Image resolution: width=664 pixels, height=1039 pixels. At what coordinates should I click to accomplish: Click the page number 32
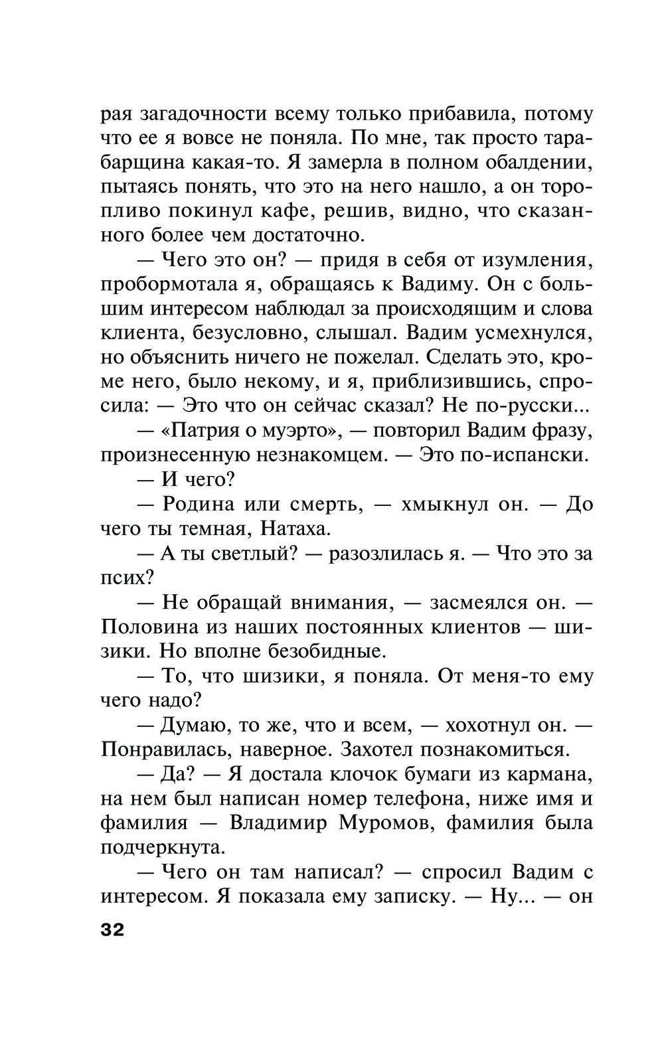click(x=112, y=929)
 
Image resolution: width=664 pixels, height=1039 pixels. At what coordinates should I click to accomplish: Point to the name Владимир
click(x=278, y=823)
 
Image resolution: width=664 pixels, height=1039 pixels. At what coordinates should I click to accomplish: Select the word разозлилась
click(x=384, y=554)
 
